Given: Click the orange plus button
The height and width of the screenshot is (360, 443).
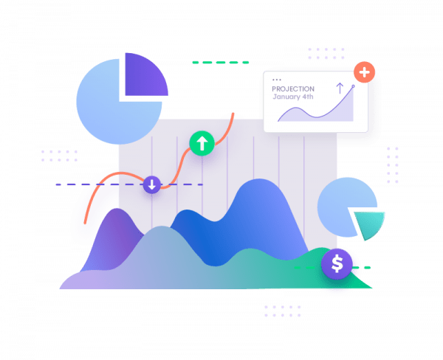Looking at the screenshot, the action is coord(364,72).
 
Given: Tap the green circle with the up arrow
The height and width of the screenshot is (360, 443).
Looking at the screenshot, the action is coord(202,143).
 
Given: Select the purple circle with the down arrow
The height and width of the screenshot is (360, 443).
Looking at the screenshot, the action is coord(152,184).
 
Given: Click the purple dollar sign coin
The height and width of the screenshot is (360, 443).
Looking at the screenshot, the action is coord(337,263).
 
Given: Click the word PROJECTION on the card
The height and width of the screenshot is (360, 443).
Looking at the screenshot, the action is coord(293,89).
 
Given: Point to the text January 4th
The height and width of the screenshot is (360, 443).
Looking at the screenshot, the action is coord(293,97).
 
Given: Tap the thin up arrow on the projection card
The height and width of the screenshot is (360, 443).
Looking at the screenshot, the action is coord(340,88).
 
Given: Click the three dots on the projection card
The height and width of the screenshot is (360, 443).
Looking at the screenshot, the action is coord(277,80).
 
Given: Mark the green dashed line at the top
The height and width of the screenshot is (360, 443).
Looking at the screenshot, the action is coord(220,63).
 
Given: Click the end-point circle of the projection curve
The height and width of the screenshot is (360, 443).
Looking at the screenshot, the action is coord(353,86).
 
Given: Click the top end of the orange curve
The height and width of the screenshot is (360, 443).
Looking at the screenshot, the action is coord(233,114).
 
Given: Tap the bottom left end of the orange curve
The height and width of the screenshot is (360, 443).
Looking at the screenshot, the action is coord(85,223).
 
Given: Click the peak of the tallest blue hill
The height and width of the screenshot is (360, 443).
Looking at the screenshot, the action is coord(259,179).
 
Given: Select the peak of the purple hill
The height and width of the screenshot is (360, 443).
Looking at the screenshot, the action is coord(117,209).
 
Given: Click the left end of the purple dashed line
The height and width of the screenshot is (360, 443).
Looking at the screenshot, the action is coord(57,184).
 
